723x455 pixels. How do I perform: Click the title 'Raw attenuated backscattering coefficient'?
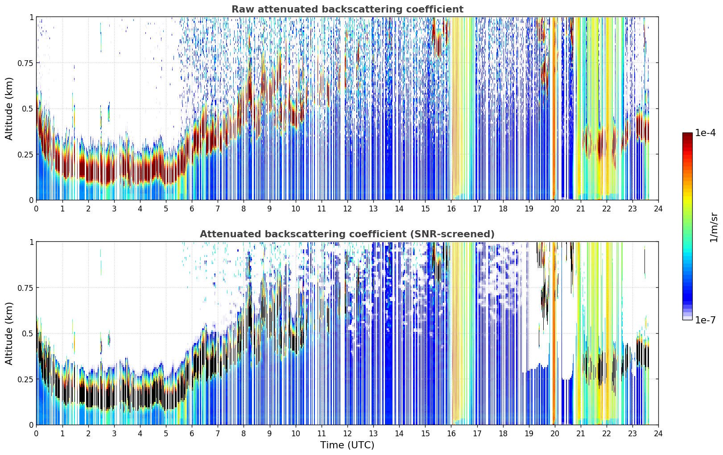(347, 9)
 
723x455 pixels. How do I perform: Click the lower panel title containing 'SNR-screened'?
(347, 234)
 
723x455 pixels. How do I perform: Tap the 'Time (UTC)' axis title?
(347, 445)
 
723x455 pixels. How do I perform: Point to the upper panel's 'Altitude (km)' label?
(9, 109)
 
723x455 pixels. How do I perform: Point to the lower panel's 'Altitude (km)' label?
(9, 333)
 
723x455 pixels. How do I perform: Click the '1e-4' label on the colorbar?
(705, 133)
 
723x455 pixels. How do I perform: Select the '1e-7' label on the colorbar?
(705, 320)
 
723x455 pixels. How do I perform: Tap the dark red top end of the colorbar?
(687, 134)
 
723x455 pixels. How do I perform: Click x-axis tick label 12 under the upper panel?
(347, 208)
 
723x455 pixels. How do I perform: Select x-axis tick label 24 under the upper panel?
(658, 208)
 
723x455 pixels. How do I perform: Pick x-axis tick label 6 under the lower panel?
(192, 433)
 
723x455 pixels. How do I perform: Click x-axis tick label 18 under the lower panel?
(503, 433)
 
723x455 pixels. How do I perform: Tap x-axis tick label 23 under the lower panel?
(632, 433)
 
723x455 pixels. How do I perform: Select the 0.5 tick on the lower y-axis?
(28, 333)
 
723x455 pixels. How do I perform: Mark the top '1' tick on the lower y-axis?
(31, 242)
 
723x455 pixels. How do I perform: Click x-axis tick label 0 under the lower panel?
(36, 433)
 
